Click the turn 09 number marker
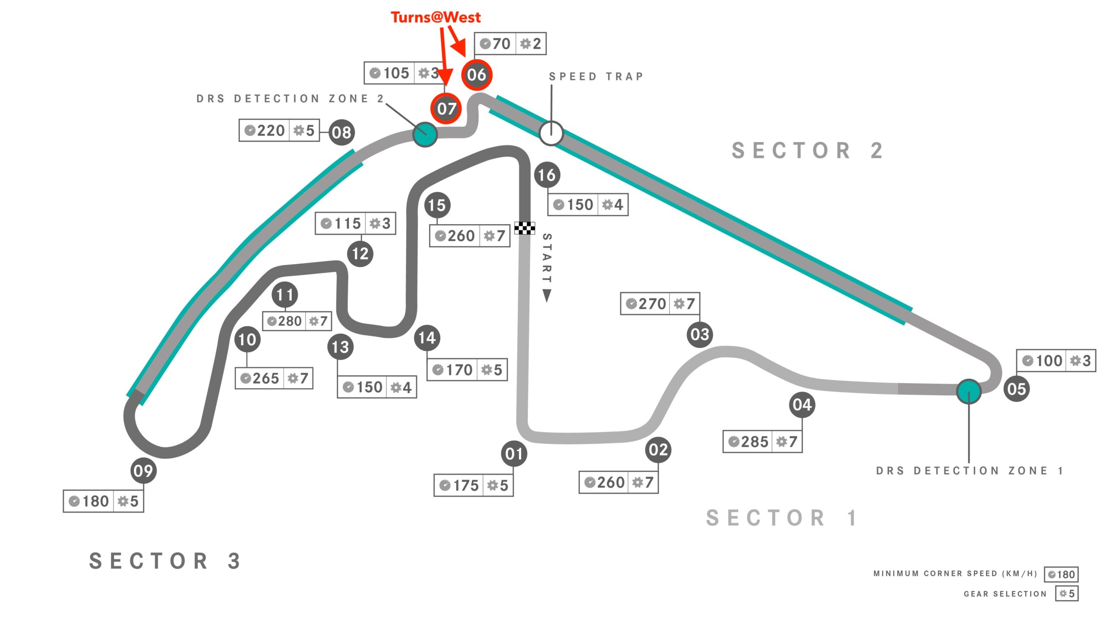[x=143, y=470]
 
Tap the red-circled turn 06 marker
[x=477, y=75]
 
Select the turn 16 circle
[x=547, y=175]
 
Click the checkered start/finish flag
[x=524, y=228]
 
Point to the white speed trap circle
[x=551, y=133]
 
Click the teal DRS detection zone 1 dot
[x=969, y=391]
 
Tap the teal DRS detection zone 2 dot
[x=425, y=134]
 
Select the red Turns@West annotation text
[x=436, y=17]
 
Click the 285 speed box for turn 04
[x=762, y=441]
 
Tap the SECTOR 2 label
[x=807, y=151]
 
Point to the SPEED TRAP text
[x=596, y=76]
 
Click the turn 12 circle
[x=360, y=254]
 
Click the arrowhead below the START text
[x=546, y=296]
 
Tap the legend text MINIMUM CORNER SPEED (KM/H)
[x=955, y=574]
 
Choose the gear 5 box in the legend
[x=1067, y=593]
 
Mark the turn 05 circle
[x=1016, y=389]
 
